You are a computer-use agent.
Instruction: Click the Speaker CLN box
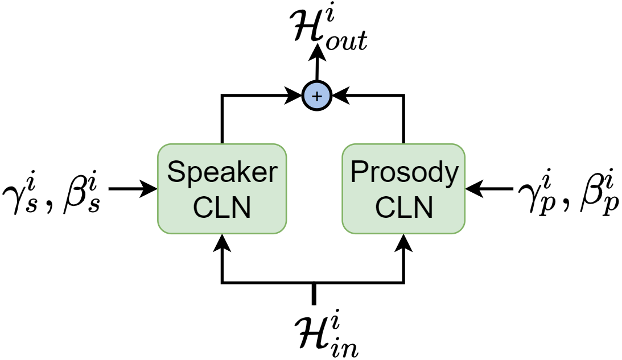tap(221, 188)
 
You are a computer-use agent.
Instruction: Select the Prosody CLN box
tap(403, 188)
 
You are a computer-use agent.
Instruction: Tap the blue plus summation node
tap(318, 97)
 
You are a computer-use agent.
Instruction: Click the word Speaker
tap(221, 172)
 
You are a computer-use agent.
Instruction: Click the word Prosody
tap(404, 172)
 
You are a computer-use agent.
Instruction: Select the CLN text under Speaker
tap(221, 208)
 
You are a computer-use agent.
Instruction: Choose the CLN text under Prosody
tap(403, 208)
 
